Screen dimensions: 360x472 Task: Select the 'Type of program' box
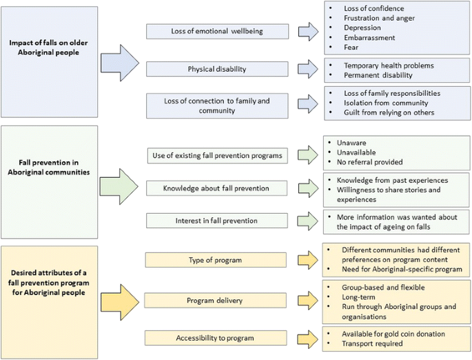216,259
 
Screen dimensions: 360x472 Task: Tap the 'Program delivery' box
216,301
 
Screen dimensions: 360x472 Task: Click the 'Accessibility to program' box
216,338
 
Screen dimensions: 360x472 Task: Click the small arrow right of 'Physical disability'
308,69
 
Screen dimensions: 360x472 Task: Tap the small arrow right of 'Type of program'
308,259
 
